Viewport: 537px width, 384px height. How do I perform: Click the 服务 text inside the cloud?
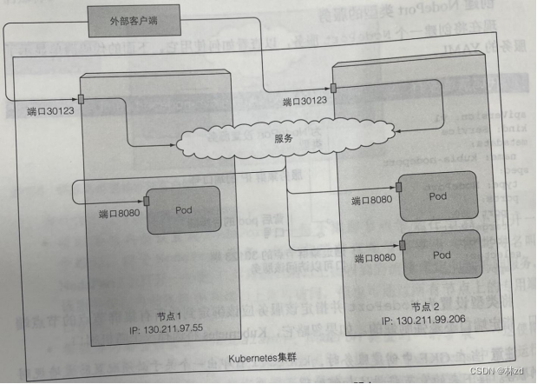point(283,137)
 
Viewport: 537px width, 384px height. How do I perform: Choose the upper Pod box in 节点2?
point(440,196)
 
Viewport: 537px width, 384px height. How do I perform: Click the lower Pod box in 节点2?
point(442,255)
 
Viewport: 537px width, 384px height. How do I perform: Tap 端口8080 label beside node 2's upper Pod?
point(371,201)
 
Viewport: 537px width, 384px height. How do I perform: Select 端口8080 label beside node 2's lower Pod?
point(376,257)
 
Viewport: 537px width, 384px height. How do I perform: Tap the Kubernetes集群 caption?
point(262,357)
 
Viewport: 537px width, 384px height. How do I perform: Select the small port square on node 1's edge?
point(80,96)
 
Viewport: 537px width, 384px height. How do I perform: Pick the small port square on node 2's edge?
point(334,88)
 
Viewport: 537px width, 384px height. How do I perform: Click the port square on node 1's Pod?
point(146,202)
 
